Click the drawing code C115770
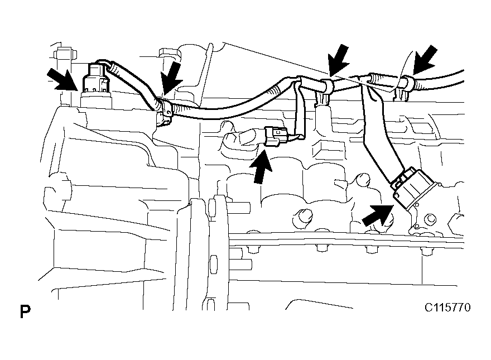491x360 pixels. [x=447, y=308]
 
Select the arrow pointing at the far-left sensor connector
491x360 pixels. [x=62, y=79]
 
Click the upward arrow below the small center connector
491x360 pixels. [x=261, y=167]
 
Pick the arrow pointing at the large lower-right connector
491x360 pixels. [x=378, y=215]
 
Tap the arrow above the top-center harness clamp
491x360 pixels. [x=339, y=60]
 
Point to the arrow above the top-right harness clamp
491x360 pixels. [x=425, y=60]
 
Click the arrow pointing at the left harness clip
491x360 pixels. [x=172, y=78]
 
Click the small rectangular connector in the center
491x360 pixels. [x=276, y=136]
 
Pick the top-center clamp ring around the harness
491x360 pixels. [x=326, y=85]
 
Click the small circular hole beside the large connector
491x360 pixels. [x=431, y=219]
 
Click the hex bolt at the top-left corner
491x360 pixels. [x=65, y=54]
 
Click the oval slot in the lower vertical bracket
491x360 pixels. [x=214, y=264]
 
